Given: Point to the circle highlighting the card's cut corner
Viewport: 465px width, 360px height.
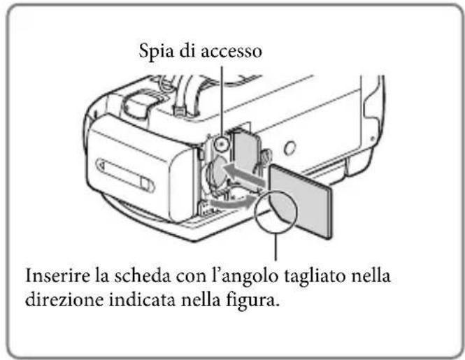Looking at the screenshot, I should [x=277, y=213].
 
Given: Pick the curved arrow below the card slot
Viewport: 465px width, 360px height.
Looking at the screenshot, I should [x=231, y=201].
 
